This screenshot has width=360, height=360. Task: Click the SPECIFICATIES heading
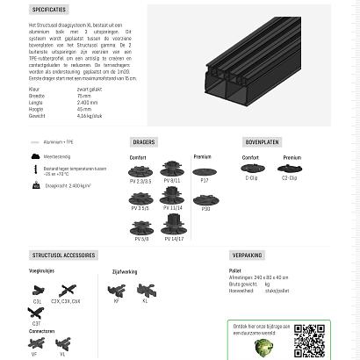click(49, 10)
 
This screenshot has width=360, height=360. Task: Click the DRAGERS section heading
click(143, 141)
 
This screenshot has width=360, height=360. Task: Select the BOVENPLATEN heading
click(262, 141)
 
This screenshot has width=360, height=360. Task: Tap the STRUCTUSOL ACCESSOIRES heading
click(63, 256)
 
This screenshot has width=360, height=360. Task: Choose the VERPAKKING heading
click(247, 256)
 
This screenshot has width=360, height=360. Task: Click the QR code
click(309, 341)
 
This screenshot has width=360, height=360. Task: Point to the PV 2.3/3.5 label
click(140, 182)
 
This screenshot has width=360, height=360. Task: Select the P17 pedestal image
click(205, 170)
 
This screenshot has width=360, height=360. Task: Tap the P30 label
click(205, 209)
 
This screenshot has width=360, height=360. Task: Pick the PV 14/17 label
click(173, 238)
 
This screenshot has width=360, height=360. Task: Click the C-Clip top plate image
click(251, 169)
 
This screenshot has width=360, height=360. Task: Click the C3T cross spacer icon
click(36, 313)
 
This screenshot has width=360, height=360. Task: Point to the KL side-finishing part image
click(146, 290)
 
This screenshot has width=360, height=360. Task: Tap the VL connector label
click(63, 354)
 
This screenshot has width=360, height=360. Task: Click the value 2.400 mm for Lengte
click(87, 102)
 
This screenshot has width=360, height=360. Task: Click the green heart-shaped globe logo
click(263, 348)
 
